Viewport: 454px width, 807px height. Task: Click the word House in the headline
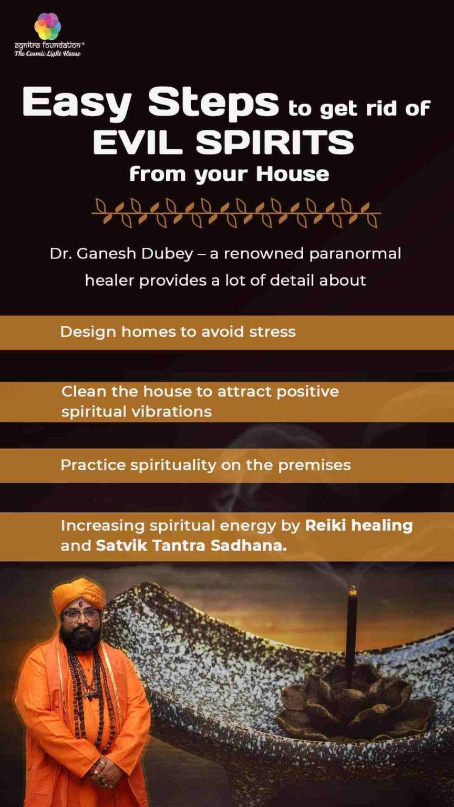[293, 174]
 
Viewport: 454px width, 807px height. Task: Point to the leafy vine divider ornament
[236, 212]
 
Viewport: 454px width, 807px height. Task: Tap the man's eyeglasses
[80, 614]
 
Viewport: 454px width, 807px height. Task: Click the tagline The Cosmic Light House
[47, 54]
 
